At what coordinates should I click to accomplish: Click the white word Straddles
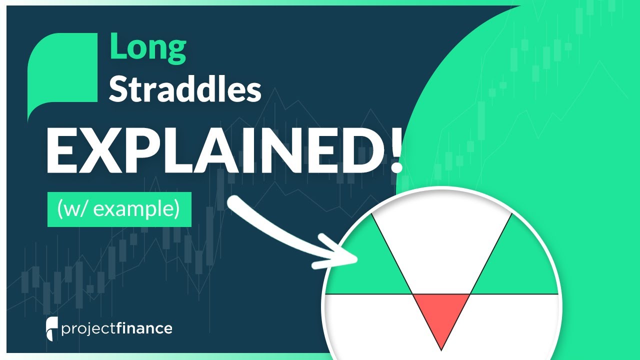click(x=185, y=90)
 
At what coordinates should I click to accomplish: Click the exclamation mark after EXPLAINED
click(x=395, y=149)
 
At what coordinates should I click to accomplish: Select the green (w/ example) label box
click(x=119, y=209)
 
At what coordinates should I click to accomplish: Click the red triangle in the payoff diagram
click(x=441, y=312)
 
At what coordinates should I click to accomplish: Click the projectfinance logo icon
click(x=50, y=328)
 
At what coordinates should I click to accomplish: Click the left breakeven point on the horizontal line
click(x=412, y=293)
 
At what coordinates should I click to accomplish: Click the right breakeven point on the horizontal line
click(x=470, y=293)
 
